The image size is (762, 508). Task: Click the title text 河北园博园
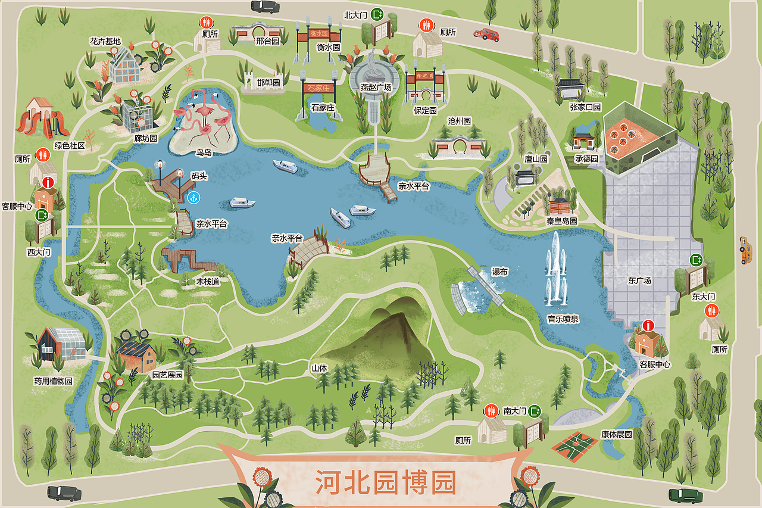(385, 482)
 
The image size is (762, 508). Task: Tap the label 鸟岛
(204, 152)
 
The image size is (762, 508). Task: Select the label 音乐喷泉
(563, 319)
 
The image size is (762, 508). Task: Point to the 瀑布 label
(499, 272)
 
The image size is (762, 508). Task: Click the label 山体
(319, 368)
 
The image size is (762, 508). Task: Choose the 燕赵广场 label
(376, 88)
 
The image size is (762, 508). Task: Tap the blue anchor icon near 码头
(192, 197)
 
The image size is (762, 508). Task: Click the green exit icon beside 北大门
(377, 14)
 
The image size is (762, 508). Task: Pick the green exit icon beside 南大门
(535, 410)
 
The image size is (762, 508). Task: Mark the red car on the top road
(486, 34)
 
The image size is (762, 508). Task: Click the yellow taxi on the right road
(745, 250)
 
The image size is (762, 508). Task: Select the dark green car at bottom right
(686, 495)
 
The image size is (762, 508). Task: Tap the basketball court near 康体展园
(574, 444)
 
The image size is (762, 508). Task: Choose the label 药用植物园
(53, 381)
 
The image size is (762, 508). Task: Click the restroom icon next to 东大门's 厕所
(711, 311)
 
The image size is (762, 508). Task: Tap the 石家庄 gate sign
(318, 89)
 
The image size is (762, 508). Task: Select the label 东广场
(639, 281)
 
